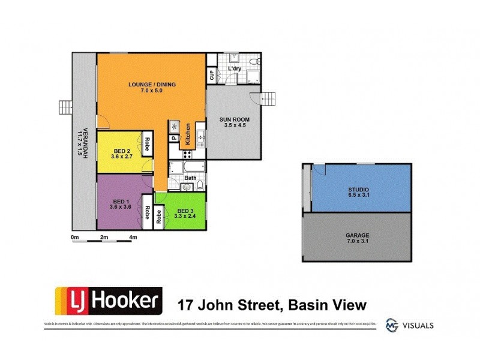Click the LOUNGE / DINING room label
click(152, 84)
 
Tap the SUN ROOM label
click(233, 119)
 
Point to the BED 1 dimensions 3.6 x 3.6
click(121, 208)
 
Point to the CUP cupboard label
click(212, 75)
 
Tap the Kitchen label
click(188, 134)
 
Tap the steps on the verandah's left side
click(64, 107)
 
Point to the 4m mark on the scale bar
click(133, 238)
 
